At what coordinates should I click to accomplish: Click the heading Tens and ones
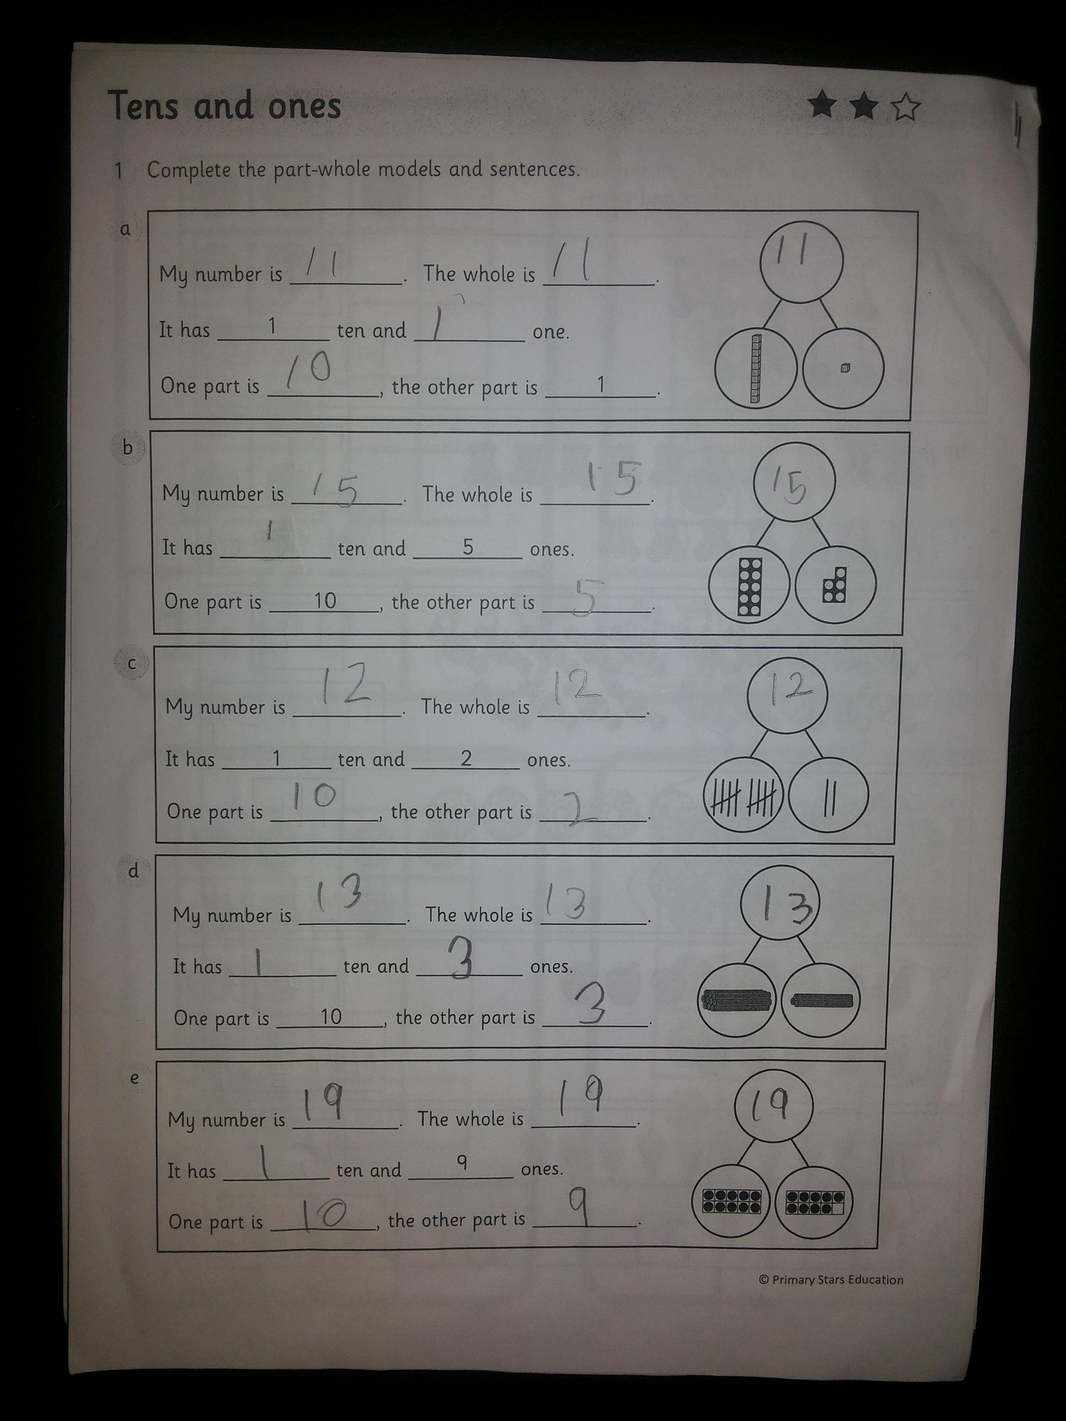click(224, 105)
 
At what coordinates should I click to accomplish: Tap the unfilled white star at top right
click(906, 107)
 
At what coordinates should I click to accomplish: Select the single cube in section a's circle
click(844, 367)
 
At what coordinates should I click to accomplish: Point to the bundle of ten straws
click(736, 1000)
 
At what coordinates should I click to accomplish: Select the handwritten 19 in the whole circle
click(772, 1104)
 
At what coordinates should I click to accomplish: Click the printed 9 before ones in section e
click(461, 1162)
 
